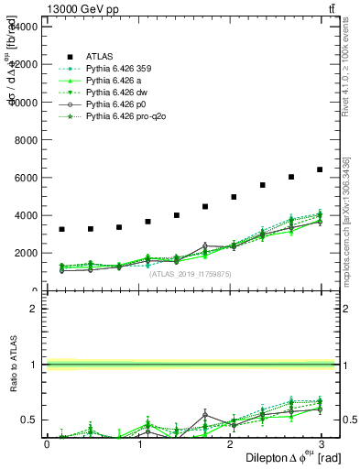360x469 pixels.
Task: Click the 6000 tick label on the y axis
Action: click(27, 178)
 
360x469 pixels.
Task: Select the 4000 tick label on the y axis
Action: click(27, 216)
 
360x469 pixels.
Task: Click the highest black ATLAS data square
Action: click(319, 169)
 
